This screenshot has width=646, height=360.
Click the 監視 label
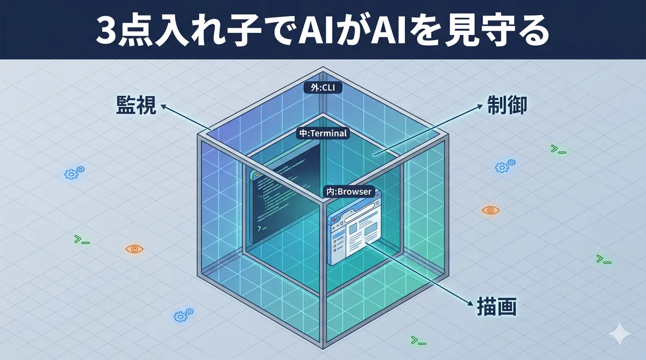pyautogui.click(x=136, y=105)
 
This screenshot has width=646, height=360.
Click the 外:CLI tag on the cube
pyautogui.click(x=323, y=87)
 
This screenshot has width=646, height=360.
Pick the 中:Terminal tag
pyautogui.click(x=323, y=133)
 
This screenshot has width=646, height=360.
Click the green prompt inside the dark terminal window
pyautogui.click(x=261, y=229)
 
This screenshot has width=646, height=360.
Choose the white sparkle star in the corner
pyautogui.click(x=619, y=334)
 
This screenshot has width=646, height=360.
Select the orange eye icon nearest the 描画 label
pyautogui.click(x=490, y=210)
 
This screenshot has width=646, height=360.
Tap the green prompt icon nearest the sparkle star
pyautogui.click(x=603, y=259)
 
